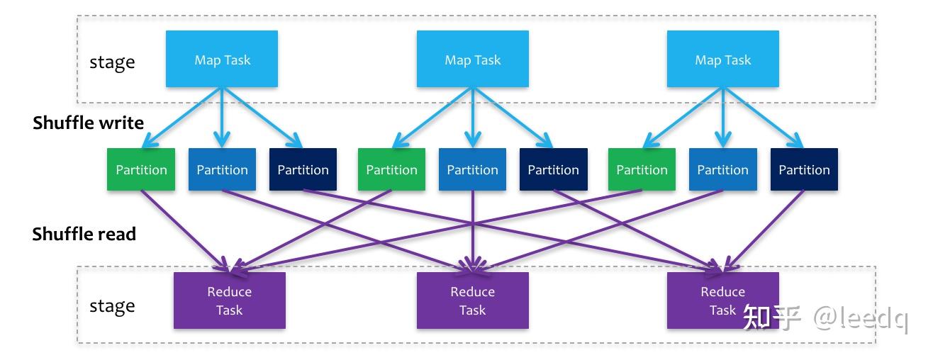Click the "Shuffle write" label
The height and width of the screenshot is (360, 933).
pyautogui.click(x=89, y=123)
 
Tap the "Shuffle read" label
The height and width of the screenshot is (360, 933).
pyautogui.click(x=84, y=234)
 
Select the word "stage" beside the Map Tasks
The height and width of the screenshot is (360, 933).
pyautogui.click(x=112, y=62)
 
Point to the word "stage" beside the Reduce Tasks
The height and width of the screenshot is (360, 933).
pyautogui.click(x=112, y=306)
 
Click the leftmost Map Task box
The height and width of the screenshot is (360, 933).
pyautogui.click(x=222, y=59)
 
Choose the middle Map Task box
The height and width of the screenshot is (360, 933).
pyautogui.click(x=473, y=59)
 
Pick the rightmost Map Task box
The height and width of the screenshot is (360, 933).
pyautogui.click(x=723, y=59)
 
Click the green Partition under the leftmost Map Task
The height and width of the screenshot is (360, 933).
pyautogui.click(x=141, y=169)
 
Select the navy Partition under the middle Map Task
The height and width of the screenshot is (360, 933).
pyautogui.click(x=554, y=169)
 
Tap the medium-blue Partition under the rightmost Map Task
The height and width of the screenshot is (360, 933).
pyautogui.click(x=723, y=169)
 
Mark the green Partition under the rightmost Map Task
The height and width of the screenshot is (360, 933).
pyautogui.click(x=642, y=169)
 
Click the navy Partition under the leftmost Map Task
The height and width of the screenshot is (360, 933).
pyautogui.click(x=303, y=169)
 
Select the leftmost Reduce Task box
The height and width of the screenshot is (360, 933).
pyautogui.click(x=230, y=300)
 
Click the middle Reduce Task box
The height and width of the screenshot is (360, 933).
pyautogui.click(x=473, y=300)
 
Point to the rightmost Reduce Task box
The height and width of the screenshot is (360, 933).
pyautogui.click(x=723, y=300)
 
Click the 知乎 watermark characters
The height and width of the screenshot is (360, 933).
pyautogui.click(x=772, y=317)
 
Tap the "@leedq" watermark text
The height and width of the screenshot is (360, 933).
pyautogui.click(x=861, y=318)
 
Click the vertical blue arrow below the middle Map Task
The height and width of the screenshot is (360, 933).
pyautogui.click(x=473, y=118)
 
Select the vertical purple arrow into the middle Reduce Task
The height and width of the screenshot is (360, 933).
pyautogui.click(x=473, y=232)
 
